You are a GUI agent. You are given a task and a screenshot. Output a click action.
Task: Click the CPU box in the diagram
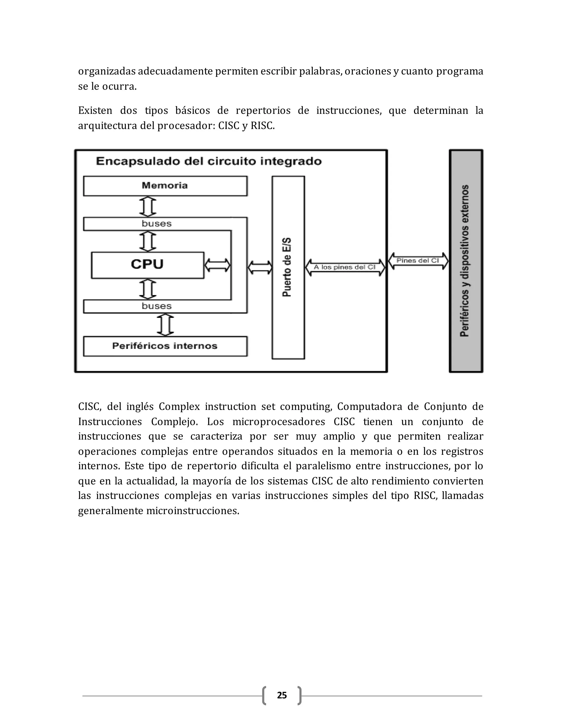147,265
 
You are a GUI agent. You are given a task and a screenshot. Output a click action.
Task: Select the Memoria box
165,186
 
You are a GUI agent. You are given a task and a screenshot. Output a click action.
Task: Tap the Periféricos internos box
165,346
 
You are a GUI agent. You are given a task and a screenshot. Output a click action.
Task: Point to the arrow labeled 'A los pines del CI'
345,267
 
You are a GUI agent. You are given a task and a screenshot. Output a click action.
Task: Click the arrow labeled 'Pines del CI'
418,261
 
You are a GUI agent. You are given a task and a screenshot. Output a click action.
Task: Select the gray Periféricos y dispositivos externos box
466,261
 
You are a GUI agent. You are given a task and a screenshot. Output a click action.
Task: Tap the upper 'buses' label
156,224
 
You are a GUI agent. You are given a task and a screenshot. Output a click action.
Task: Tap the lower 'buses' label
156,306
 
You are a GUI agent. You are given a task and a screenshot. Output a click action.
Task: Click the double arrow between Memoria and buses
148,207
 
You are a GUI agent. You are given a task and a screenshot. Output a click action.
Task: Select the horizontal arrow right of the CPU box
217,265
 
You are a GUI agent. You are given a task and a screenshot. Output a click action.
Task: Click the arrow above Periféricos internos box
165,325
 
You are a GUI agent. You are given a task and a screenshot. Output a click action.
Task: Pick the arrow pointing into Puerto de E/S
260,267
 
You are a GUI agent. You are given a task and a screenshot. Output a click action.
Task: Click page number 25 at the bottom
282,695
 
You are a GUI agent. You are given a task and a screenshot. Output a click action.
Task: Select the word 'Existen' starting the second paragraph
95,111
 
